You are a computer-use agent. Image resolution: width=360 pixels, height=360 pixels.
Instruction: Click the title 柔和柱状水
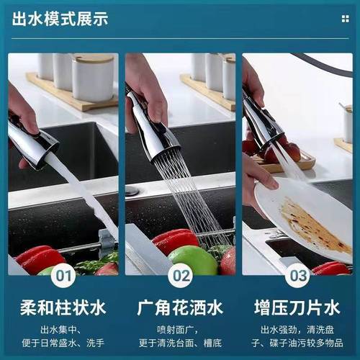pos(63,309)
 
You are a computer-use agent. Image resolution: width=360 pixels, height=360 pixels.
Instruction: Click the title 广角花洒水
pos(180,309)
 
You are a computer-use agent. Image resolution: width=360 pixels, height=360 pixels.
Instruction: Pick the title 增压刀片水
pos(297,309)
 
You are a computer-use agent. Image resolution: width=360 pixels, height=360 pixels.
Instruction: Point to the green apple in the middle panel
pos(192,260)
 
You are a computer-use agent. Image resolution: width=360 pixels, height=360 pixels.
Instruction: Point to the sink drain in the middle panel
pos(132,192)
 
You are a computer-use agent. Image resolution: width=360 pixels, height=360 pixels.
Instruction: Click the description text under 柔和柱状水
pos(63,337)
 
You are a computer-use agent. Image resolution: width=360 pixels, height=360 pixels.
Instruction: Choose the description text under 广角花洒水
pos(180,337)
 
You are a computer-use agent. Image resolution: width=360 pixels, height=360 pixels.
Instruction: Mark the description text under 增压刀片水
pos(297,337)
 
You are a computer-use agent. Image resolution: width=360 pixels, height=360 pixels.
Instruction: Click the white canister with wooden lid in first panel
pos(93,77)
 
